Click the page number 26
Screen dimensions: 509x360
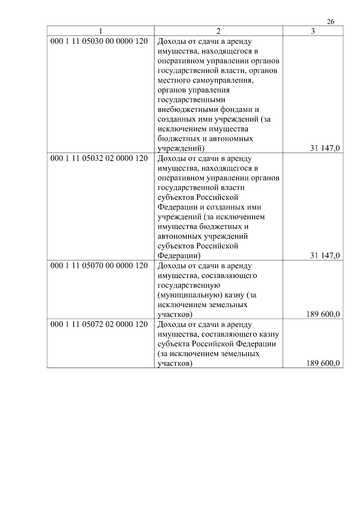coord(330,22)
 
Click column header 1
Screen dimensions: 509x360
coord(101,31)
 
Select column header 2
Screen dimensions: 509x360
coord(218,31)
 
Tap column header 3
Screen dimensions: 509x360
coord(313,31)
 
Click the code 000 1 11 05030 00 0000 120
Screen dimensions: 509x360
coord(99,41)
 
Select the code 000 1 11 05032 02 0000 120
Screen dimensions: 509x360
coord(99,158)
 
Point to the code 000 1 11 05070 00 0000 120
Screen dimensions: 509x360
coord(99,266)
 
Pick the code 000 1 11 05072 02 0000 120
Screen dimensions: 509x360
coord(99,325)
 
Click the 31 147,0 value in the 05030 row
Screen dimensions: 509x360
coord(325,148)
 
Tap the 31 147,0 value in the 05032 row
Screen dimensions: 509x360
coord(325,256)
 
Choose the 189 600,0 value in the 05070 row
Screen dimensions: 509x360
coord(323,314)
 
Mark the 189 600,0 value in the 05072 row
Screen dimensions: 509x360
coord(323,364)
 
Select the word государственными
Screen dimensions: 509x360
coord(191,100)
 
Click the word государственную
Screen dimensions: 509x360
coord(189,285)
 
